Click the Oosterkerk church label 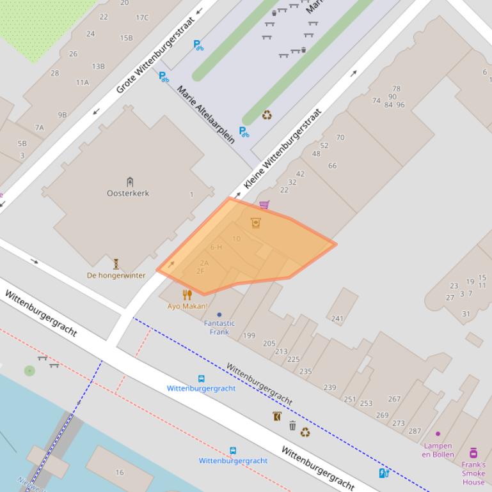[128, 193]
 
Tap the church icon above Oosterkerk [130, 182]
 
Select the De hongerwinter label [116, 275]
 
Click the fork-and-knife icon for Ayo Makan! [187, 295]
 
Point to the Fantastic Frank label [219, 327]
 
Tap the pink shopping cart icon [264, 204]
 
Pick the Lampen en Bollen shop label [437, 450]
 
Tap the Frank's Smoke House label [473, 473]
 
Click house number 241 [337, 319]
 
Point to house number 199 [249, 335]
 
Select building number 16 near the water [120, 472]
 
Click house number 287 [415, 431]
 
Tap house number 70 [340, 137]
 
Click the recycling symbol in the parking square [267, 115]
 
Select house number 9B [62, 115]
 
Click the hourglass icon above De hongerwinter [116, 264]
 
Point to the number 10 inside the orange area [236, 239]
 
